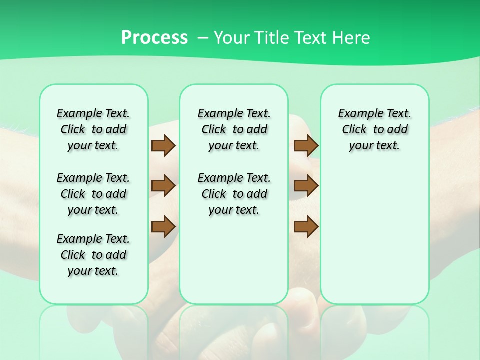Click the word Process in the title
154,37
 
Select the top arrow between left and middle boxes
163,145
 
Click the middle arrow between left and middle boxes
163,186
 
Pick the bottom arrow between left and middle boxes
163,226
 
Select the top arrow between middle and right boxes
306,145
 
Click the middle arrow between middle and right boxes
306,186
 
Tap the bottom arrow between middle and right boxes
306,226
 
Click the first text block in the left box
93,129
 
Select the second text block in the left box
93,194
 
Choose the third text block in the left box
93,255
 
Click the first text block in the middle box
234,129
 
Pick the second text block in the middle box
234,194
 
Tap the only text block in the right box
375,129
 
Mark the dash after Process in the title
203,38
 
